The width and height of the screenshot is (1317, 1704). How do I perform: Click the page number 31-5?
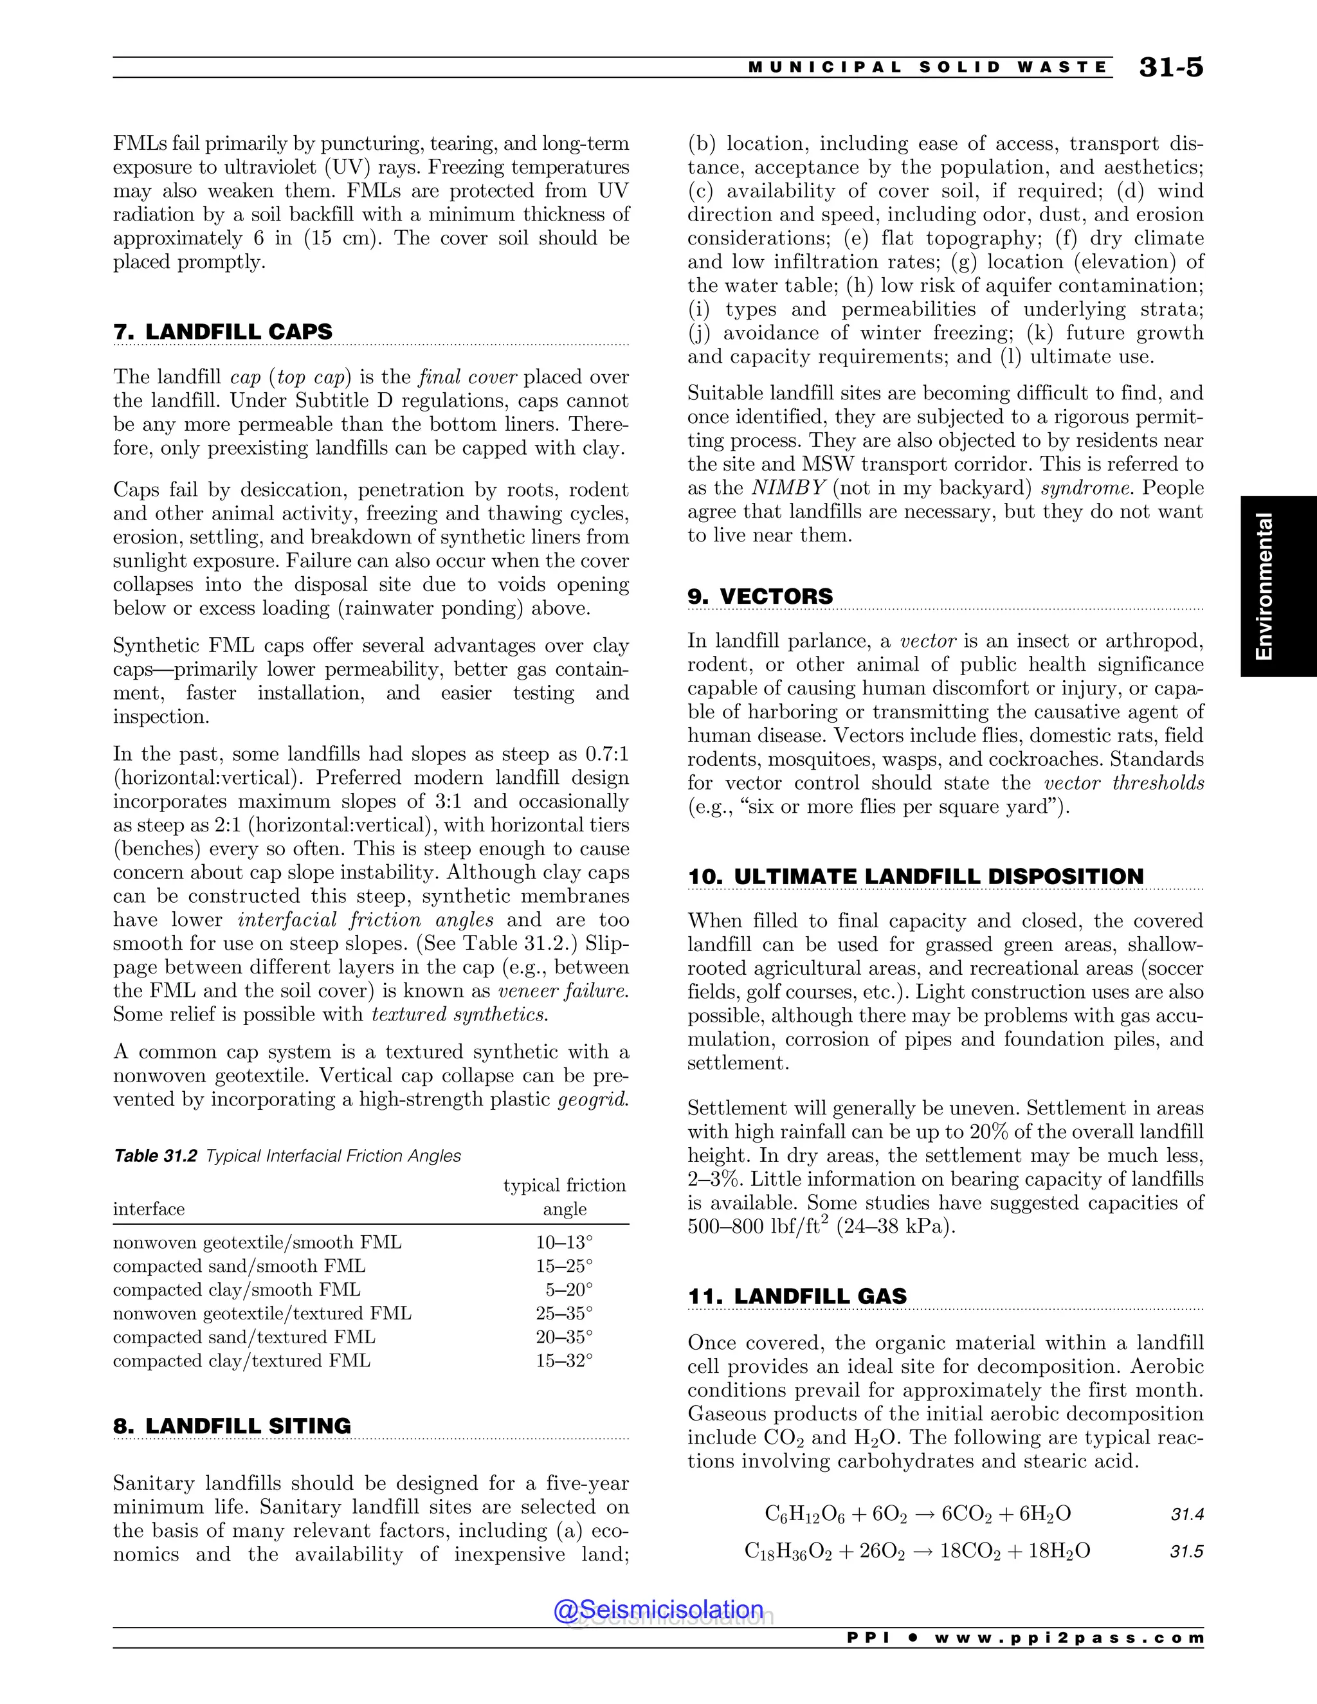click(x=1170, y=68)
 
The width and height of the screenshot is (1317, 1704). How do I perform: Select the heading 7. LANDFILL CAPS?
click(x=223, y=332)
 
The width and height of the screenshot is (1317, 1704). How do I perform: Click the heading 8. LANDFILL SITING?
click(x=232, y=1426)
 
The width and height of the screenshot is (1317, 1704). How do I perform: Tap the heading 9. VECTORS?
click(x=760, y=596)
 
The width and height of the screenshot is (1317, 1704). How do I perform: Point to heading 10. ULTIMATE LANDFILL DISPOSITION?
click(x=915, y=876)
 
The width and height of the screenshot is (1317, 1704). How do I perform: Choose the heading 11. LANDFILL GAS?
click(x=797, y=1297)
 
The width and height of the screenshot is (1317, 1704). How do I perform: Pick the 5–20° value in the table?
click(x=568, y=1290)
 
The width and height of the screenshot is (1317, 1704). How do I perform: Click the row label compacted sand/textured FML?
click(x=244, y=1337)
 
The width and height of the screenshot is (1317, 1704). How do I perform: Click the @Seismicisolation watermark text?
click(x=658, y=1609)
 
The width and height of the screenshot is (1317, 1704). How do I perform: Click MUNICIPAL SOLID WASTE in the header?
click(x=928, y=68)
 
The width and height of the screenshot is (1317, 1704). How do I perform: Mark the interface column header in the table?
click(x=149, y=1210)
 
